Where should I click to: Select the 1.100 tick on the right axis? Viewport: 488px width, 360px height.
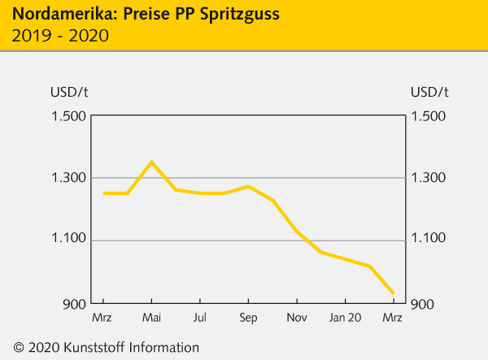click(x=429, y=241)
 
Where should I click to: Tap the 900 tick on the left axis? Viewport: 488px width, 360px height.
click(x=73, y=303)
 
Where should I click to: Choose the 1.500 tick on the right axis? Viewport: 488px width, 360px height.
click(x=429, y=116)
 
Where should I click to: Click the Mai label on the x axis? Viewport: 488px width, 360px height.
click(x=151, y=317)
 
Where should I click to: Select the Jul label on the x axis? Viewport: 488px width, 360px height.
click(x=199, y=317)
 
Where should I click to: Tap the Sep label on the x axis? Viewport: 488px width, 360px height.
click(x=248, y=317)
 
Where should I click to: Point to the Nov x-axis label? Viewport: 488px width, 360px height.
click(x=297, y=317)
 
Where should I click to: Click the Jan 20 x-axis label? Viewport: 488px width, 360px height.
click(x=345, y=317)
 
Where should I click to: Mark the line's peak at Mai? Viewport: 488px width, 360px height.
click(x=151, y=162)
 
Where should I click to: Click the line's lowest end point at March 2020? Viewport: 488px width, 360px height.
click(x=394, y=293)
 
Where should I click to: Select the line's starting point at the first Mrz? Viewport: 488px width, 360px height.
click(x=103, y=193)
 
